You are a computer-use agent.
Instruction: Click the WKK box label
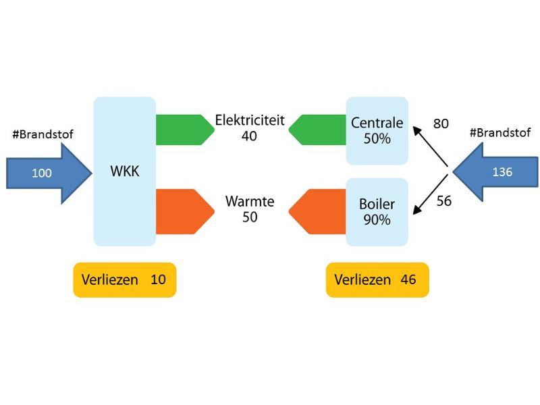pyautogui.click(x=124, y=171)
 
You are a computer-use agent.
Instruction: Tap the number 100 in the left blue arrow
pyautogui.click(x=42, y=173)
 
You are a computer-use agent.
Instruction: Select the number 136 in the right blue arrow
pyautogui.click(x=502, y=172)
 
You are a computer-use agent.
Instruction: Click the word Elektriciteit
pyautogui.click(x=250, y=120)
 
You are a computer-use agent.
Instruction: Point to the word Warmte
pyautogui.click(x=250, y=202)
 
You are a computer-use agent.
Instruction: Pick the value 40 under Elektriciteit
pyautogui.click(x=250, y=136)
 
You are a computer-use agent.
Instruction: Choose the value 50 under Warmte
pyautogui.click(x=250, y=217)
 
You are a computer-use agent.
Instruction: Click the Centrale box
pyautogui.click(x=377, y=130)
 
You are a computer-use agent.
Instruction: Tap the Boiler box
pyautogui.click(x=377, y=211)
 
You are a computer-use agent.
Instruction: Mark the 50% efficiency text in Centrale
pyautogui.click(x=377, y=138)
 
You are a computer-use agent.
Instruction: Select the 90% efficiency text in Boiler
pyautogui.click(x=377, y=219)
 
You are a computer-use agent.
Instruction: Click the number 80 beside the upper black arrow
pyautogui.click(x=441, y=124)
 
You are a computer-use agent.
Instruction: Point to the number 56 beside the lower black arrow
pyautogui.click(x=443, y=200)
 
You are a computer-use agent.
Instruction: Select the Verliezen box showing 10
pyautogui.click(x=124, y=279)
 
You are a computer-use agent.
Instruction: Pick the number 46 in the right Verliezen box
pyautogui.click(x=408, y=279)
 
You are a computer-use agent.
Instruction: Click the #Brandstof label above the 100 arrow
pyautogui.click(x=43, y=135)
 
